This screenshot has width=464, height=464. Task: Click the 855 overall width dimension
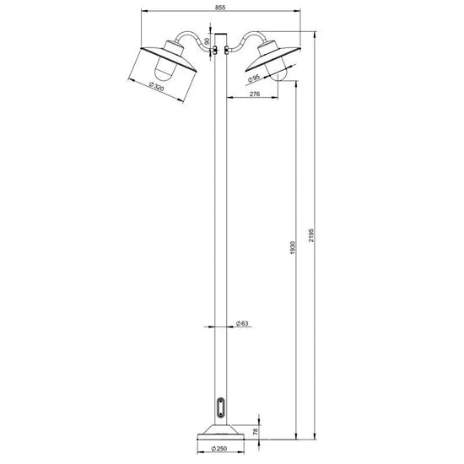coord(220,8)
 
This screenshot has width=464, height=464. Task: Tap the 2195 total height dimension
coord(311,235)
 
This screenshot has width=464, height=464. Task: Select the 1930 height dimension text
coord(293,248)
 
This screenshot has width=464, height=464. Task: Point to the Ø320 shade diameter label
coord(157,87)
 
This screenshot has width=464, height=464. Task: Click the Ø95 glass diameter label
coord(254,78)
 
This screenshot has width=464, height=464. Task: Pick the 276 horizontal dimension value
coord(255,94)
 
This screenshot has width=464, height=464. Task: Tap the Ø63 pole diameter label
coord(242,323)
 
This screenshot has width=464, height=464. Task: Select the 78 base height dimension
coord(256,431)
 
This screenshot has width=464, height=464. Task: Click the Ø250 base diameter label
coord(219,449)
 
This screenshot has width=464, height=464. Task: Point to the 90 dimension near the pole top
coord(208,40)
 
